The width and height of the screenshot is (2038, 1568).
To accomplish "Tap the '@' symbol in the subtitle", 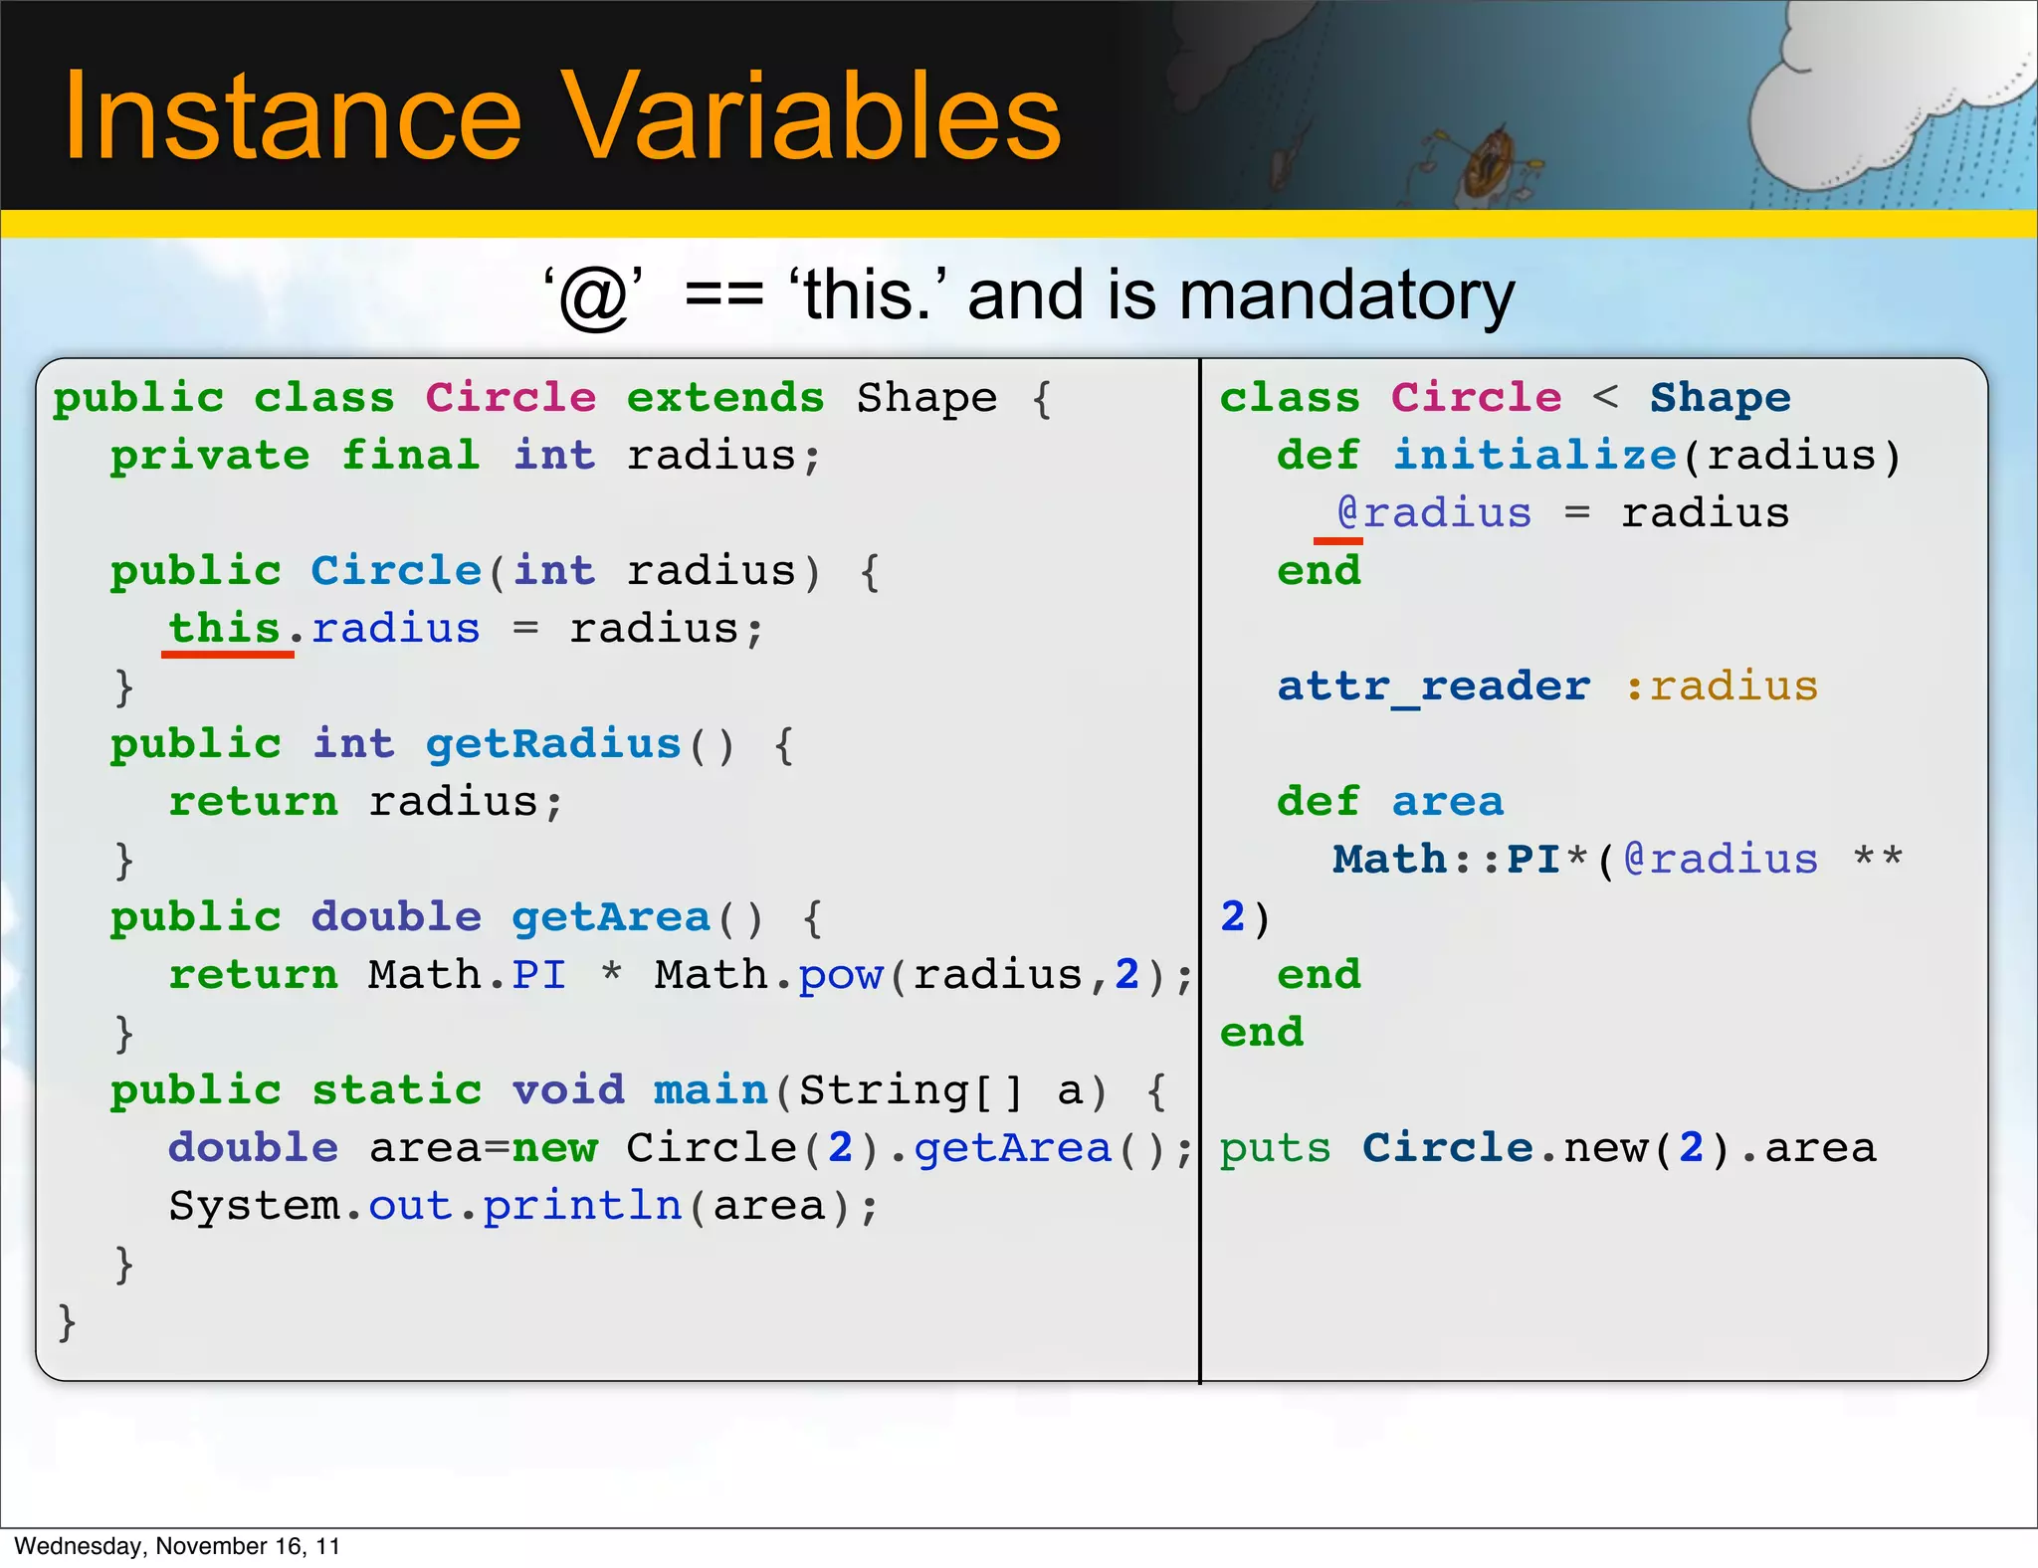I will tap(594, 297).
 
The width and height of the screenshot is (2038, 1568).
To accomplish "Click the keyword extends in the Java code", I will tap(725, 399).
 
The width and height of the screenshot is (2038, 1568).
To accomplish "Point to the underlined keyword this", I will tap(225, 629).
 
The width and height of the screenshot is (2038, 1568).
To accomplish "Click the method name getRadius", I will tap(553, 744).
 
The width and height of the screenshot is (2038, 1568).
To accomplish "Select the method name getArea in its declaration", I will tap(610, 917).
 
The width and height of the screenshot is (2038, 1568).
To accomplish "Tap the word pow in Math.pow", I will tap(840, 976).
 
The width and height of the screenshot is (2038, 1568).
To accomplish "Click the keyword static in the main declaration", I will tap(396, 1090).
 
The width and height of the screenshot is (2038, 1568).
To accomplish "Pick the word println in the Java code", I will tap(582, 1207).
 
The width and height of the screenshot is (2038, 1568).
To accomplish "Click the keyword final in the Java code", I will tap(410, 456).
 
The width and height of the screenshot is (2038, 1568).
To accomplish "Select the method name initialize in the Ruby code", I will tap(1533, 456).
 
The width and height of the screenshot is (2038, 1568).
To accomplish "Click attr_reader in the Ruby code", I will tap(1433, 686).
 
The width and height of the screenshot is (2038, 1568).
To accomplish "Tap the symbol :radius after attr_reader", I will tap(1722, 686).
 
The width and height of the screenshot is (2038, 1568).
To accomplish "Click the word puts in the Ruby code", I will tap(1275, 1149).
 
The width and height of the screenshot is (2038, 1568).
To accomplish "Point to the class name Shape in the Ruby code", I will tap(1720, 398).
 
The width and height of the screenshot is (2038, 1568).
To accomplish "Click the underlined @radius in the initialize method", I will tap(1434, 513).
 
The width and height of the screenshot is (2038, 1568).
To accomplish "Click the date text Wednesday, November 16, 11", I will tap(177, 1546).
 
